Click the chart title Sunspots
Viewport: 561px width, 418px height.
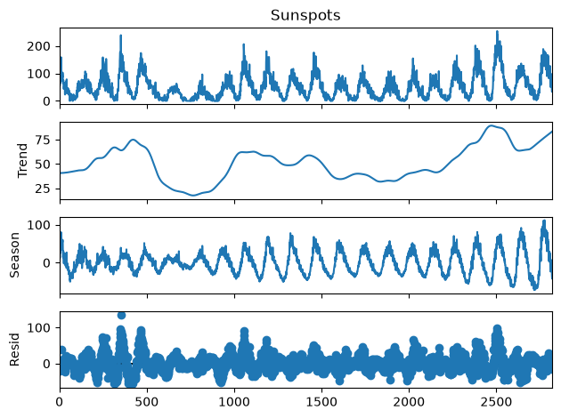pos(305,15)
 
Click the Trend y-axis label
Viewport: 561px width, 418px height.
pos(22,160)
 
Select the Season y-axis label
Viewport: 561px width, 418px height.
pos(14,255)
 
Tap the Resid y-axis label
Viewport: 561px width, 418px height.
pos(14,350)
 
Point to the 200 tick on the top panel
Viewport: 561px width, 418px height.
pos(38,46)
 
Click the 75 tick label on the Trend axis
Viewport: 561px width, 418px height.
pos(43,140)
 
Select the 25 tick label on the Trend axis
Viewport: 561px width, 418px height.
pos(43,189)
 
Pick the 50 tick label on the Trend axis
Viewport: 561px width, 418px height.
pos(43,165)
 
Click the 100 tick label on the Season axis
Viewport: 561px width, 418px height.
pos(38,225)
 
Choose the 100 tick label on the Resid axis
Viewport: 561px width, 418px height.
pos(38,327)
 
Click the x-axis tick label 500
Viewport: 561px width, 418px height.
pos(147,402)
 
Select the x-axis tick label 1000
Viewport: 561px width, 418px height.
pos(234,402)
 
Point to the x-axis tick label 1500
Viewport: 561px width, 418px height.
pos(321,402)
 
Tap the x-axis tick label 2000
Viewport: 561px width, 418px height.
pos(409,402)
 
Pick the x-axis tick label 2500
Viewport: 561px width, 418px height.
pos(496,402)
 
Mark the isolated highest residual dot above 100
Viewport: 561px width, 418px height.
pos(121,315)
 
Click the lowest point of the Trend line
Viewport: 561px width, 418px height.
pos(193,196)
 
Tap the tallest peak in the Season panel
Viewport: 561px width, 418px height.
pos(544,221)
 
